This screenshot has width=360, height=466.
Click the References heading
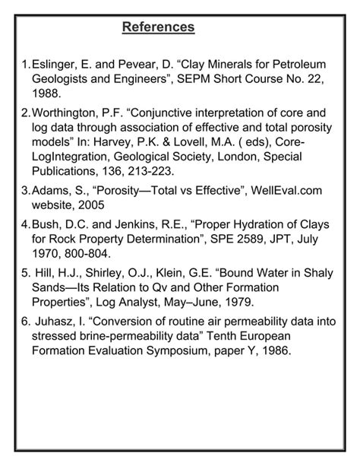coord(159,27)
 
